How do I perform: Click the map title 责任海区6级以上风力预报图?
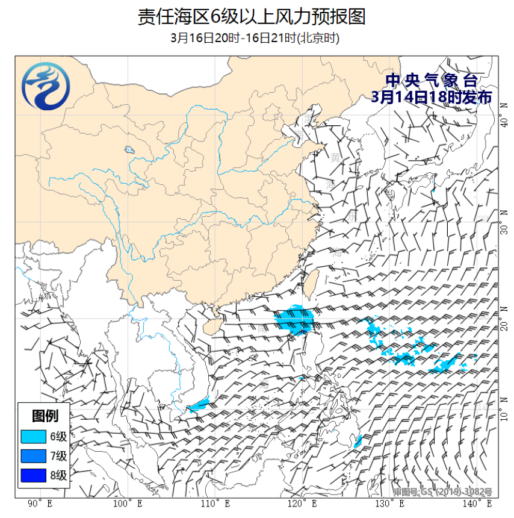[252, 17]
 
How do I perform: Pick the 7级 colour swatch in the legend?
[33, 455]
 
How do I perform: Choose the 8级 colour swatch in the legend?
[33, 475]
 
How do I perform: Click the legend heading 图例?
[45, 416]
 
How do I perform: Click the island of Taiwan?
[311, 282]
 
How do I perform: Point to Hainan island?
[208, 325]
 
